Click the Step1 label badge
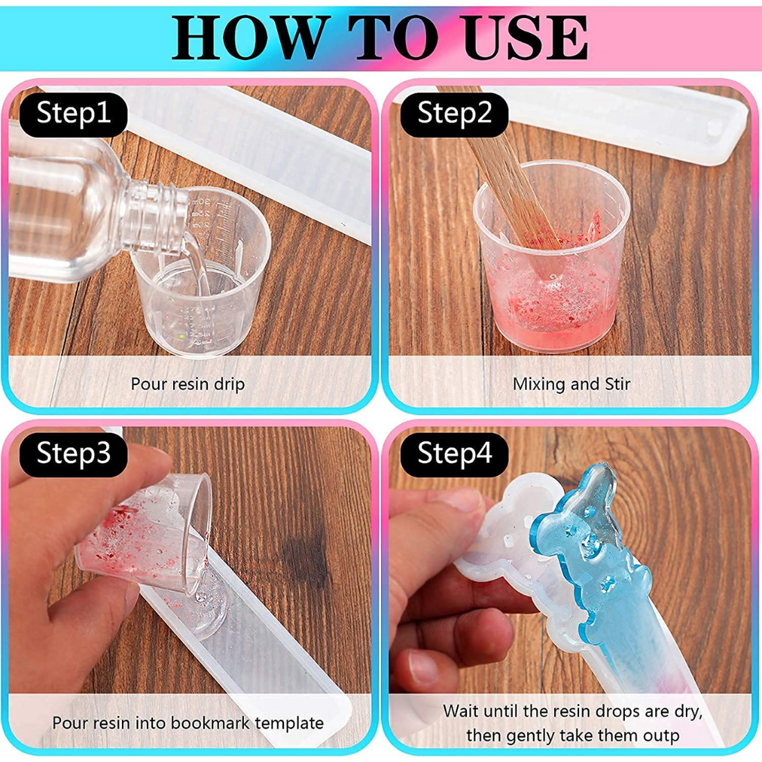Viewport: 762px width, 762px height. click(x=73, y=113)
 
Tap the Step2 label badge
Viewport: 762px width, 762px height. click(x=454, y=113)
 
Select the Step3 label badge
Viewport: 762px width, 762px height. click(x=73, y=453)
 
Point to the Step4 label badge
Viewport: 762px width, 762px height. click(x=454, y=453)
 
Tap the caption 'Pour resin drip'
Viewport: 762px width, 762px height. click(x=188, y=384)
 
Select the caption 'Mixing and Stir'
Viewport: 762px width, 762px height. click(x=571, y=384)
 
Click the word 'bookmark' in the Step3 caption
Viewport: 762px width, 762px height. click(x=211, y=723)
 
